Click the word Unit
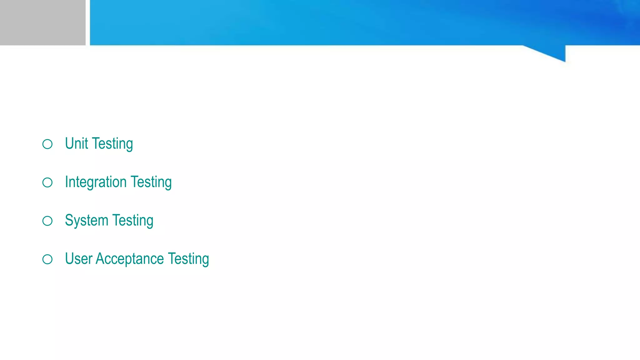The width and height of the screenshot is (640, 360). point(77,144)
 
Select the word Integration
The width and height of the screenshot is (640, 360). point(96,182)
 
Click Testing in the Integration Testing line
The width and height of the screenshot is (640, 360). point(151,182)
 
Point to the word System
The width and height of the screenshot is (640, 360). point(87,221)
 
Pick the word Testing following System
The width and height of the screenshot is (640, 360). point(133,221)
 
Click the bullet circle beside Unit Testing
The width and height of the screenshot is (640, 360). point(47,144)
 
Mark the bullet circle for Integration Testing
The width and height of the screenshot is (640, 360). point(47,182)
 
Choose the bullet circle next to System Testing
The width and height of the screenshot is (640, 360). point(47,221)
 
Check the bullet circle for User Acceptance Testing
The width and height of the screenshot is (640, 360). point(47,259)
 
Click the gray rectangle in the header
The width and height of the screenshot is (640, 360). point(42,22)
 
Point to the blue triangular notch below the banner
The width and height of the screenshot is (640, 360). point(553,52)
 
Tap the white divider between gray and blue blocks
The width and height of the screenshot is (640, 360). point(88,22)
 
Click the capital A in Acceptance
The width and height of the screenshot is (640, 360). point(100,259)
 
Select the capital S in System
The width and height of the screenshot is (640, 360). point(69,221)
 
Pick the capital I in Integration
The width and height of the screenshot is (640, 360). point(67,182)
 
